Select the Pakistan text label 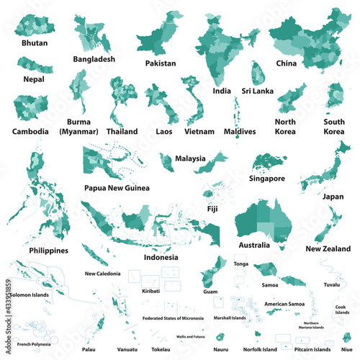click(160, 63)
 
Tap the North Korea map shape click(291, 96)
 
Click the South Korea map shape click(334, 97)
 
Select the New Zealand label click(328, 248)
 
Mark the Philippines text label click(49, 251)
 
